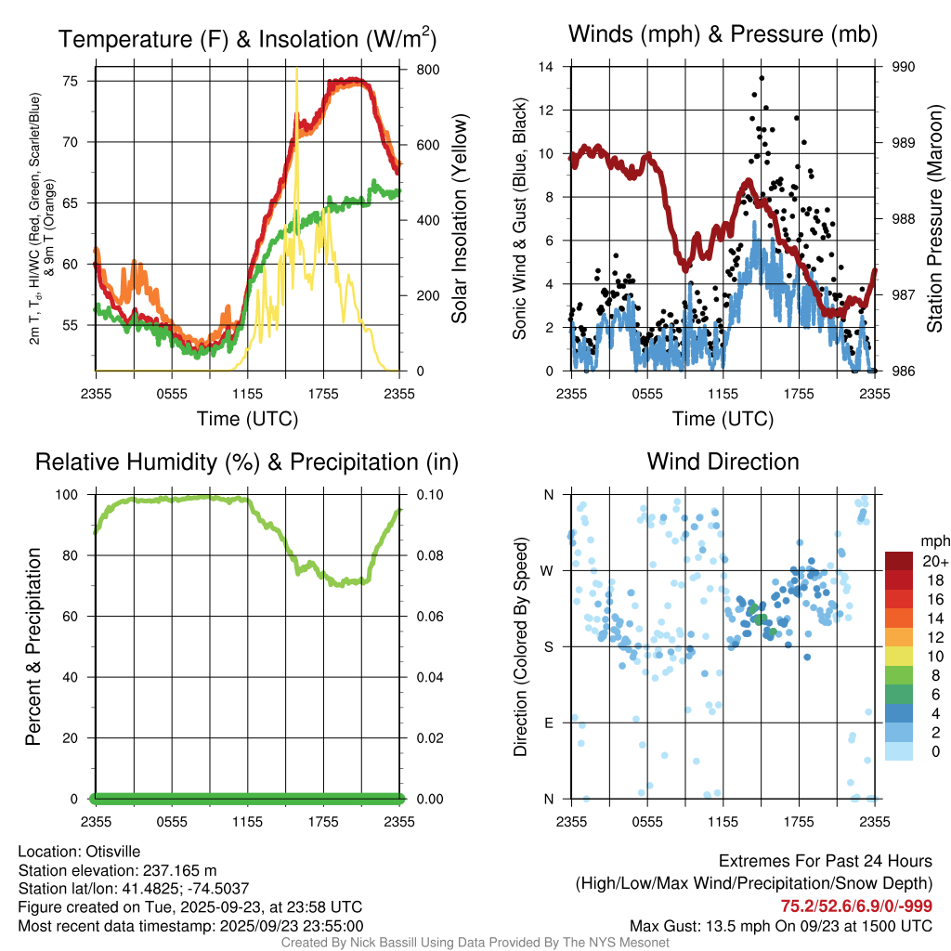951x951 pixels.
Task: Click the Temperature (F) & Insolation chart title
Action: (247, 39)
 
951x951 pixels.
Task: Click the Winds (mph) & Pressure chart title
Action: (723, 34)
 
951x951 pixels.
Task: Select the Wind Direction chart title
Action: (723, 462)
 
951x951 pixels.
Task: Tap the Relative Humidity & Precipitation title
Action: (247, 462)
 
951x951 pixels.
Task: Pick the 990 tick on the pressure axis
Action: (904, 67)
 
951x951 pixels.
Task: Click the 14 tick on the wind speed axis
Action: (546, 67)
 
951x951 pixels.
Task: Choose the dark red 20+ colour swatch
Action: (899, 561)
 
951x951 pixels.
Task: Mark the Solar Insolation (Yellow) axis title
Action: (459, 219)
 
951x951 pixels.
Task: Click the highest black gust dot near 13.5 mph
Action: (762, 78)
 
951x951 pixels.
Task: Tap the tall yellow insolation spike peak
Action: (296, 70)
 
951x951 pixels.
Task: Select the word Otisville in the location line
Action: (116, 851)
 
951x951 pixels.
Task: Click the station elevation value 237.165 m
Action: (179, 870)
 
